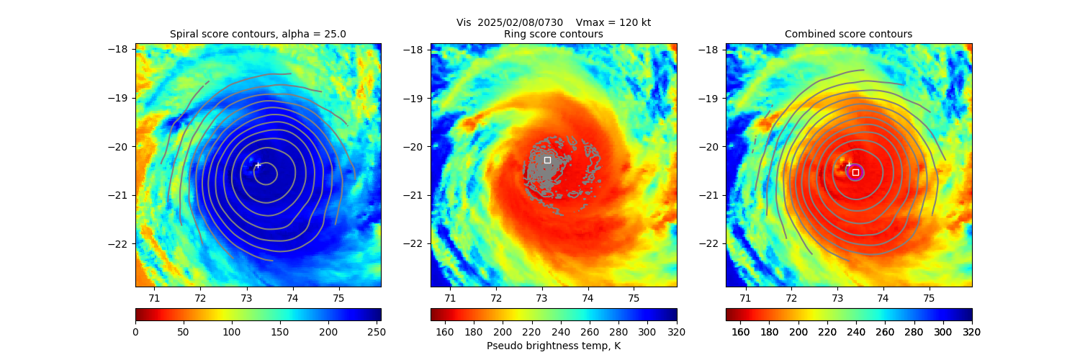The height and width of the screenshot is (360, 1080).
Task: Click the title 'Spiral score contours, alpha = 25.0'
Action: pyautogui.click(x=258, y=34)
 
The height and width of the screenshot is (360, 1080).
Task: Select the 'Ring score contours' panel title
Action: pyautogui.click(x=553, y=34)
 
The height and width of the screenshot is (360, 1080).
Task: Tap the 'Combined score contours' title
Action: pyautogui.click(x=848, y=34)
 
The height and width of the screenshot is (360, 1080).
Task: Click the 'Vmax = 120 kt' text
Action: pyautogui.click(x=613, y=22)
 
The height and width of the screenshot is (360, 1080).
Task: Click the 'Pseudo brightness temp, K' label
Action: pyautogui.click(x=553, y=346)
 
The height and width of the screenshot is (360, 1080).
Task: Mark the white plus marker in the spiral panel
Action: pyautogui.click(x=258, y=165)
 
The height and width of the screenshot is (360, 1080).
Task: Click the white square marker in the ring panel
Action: pyautogui.click(x=547, y=160)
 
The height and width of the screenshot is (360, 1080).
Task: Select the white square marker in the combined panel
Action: pyautogui.click(x=855, y=172)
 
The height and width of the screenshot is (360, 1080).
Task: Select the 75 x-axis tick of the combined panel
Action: pyautogui.click(x=929, y=297)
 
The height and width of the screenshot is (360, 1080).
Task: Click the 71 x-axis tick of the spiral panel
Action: pyautogui.click(x=154, y=297)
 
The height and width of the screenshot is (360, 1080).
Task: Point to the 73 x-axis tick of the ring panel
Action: pyautogui.click(x=541, y=297)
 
